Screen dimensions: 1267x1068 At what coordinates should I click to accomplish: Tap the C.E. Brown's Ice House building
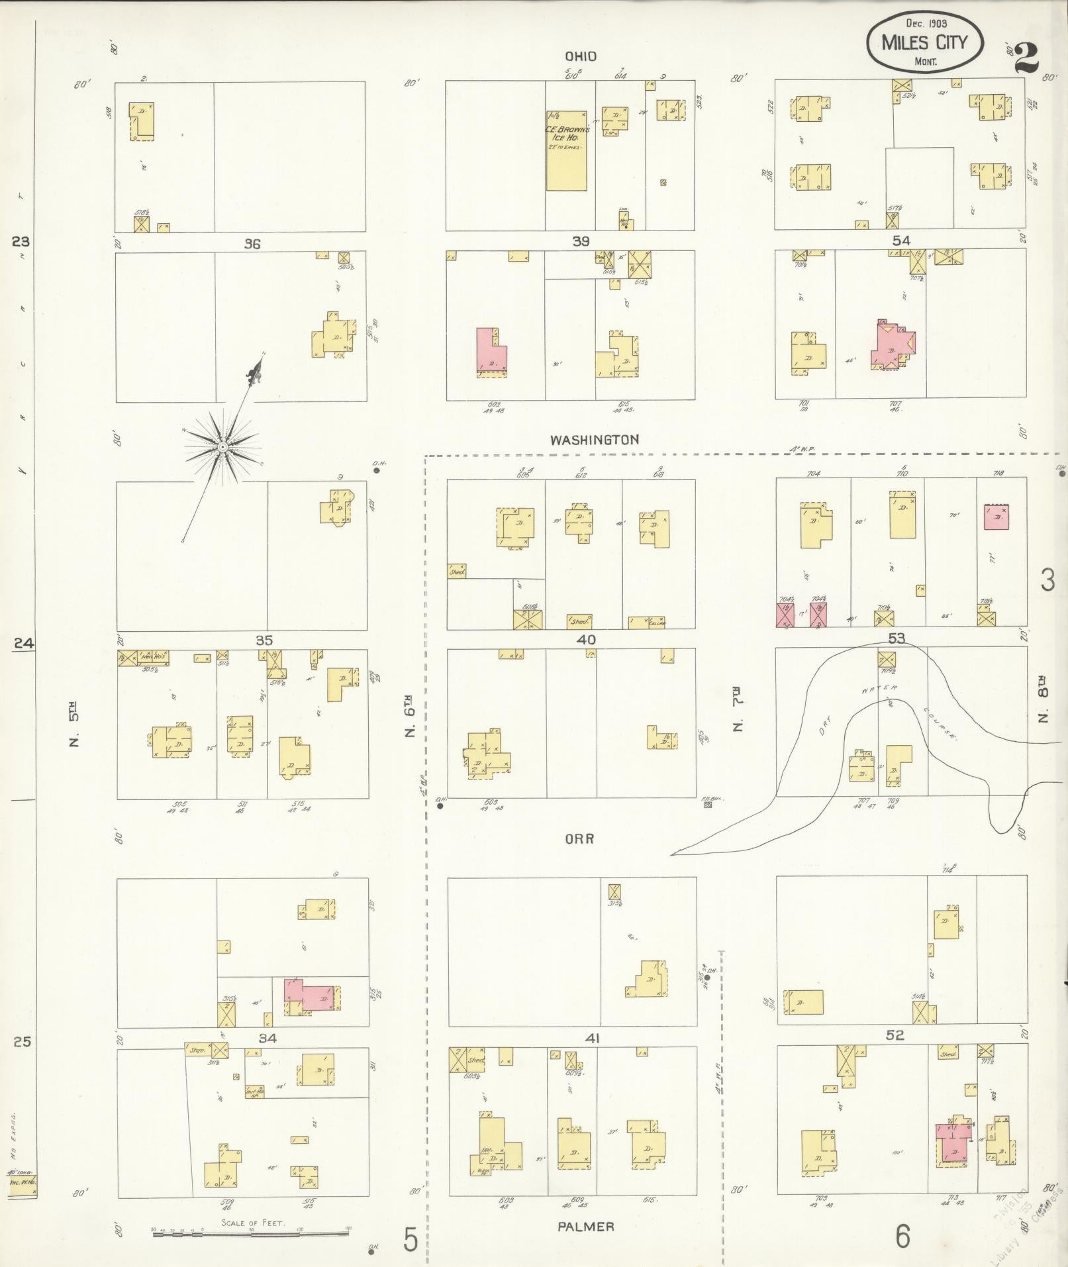tap(566, 150)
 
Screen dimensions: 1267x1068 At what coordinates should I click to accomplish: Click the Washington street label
tap(594, 440)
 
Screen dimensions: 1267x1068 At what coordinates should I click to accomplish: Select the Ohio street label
tap(581, 57)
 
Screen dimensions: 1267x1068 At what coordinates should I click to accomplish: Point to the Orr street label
tap(579, 838)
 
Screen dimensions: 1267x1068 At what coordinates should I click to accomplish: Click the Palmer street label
tap(585, 1227)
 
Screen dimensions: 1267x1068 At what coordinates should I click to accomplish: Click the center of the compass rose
tap(223, 448)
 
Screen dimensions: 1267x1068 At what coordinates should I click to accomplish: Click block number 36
tap(252, 244)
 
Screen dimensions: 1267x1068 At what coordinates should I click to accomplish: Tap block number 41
tap(592, 1039)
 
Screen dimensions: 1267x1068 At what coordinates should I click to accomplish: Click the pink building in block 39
tap(491, 352)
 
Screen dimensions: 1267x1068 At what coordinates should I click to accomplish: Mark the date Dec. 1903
tap(926, 24)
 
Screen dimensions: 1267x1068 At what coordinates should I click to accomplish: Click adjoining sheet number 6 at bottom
tap(902, 1236)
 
